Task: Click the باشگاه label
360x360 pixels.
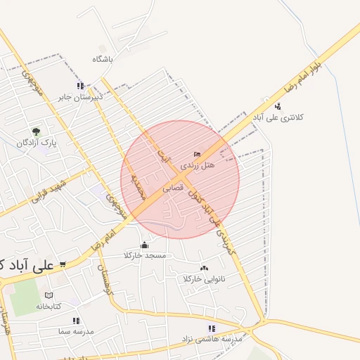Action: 102,60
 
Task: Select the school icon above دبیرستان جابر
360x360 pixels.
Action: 80,85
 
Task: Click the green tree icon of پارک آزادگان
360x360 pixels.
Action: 36,131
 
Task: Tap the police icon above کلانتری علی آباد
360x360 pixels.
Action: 278,107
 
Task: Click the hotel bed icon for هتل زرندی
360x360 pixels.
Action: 197,154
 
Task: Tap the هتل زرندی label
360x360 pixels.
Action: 198,165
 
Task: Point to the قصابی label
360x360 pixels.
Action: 173,188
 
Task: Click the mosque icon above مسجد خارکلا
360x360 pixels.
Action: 145,245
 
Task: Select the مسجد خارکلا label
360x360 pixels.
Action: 145,255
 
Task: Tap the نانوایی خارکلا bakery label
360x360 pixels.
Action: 204,279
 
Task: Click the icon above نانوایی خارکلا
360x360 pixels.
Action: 204,268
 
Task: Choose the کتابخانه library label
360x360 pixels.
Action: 49,306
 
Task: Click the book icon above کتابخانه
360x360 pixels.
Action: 49,295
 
